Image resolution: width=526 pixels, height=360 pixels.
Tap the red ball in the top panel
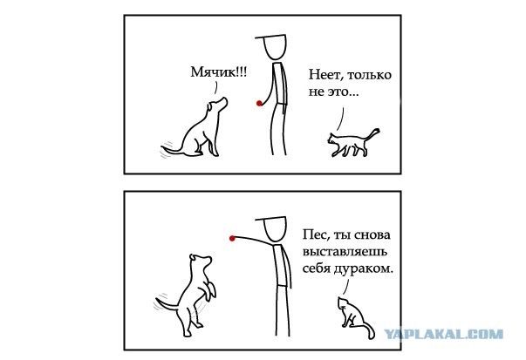(259, 105)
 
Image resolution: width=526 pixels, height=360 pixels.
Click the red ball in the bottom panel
(231, 236)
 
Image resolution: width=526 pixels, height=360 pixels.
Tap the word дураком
(368, 270)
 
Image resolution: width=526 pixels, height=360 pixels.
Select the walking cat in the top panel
(349, 144)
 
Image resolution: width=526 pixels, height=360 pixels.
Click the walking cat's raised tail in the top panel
(372, 132)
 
